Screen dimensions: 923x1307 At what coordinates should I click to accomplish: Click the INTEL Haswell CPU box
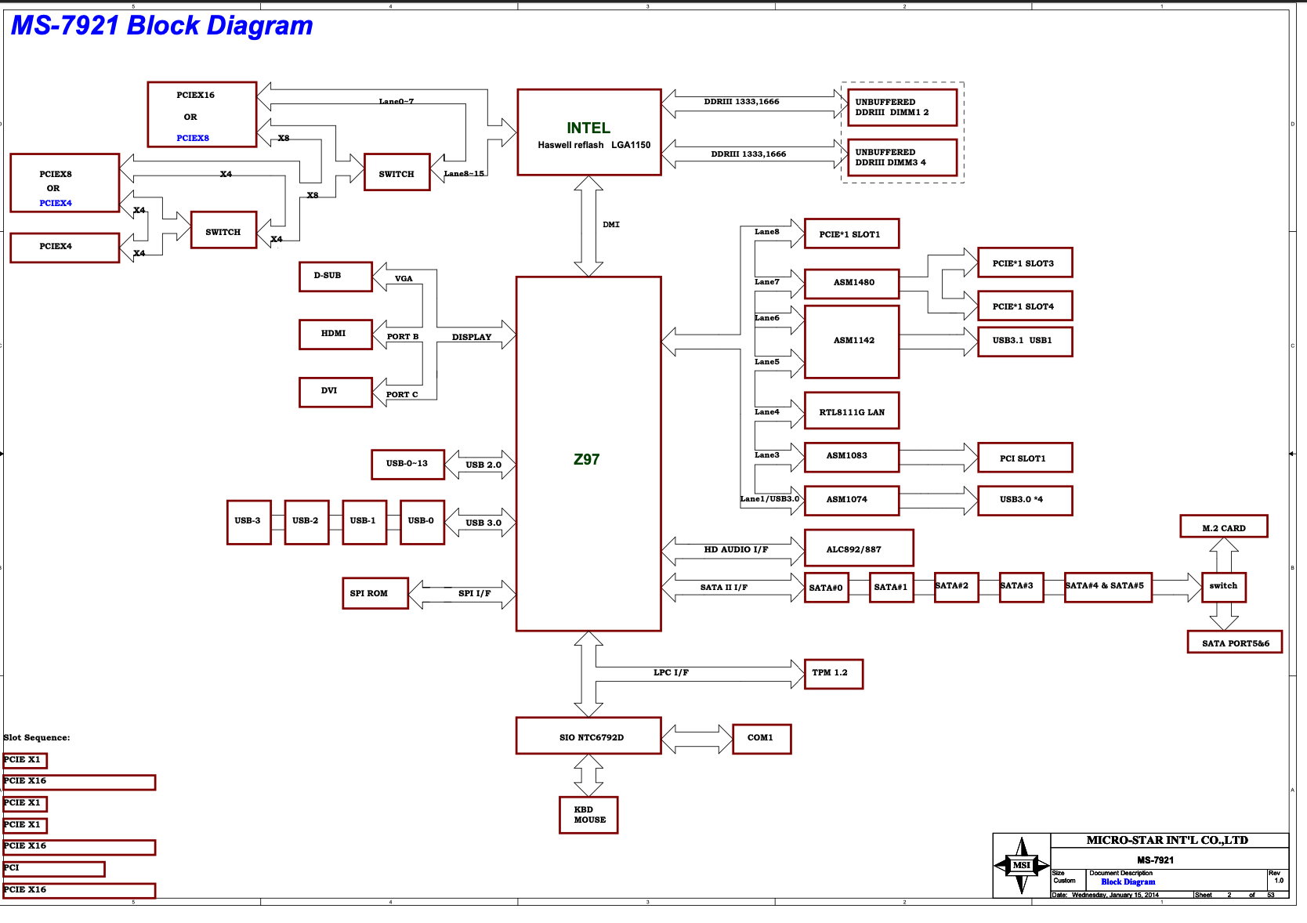588,132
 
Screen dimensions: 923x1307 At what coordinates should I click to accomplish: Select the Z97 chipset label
586,460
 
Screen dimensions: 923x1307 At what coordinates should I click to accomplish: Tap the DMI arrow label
610,225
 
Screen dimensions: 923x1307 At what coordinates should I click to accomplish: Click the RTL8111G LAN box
851,411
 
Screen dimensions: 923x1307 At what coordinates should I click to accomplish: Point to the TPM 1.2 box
833,673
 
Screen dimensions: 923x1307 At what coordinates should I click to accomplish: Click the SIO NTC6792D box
588,737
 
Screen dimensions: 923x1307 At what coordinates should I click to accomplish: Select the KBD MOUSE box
588,815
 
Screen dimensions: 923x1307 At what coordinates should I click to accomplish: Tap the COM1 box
761,738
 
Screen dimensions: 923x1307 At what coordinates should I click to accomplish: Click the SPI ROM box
375,593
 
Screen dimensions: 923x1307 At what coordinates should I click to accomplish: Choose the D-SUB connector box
335,276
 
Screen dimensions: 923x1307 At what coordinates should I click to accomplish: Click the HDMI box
335,334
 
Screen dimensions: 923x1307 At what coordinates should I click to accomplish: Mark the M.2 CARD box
1223,527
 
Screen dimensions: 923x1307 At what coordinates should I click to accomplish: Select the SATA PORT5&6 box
1234,642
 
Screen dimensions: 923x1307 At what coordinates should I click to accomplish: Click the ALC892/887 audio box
858,548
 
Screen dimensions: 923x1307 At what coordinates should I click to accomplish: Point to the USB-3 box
248,522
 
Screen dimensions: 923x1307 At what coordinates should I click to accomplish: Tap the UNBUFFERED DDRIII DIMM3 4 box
902,157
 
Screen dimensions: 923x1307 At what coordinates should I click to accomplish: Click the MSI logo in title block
1021,865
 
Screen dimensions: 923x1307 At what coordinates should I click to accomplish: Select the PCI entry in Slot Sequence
53,868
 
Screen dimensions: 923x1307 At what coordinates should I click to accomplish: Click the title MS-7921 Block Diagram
161,26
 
